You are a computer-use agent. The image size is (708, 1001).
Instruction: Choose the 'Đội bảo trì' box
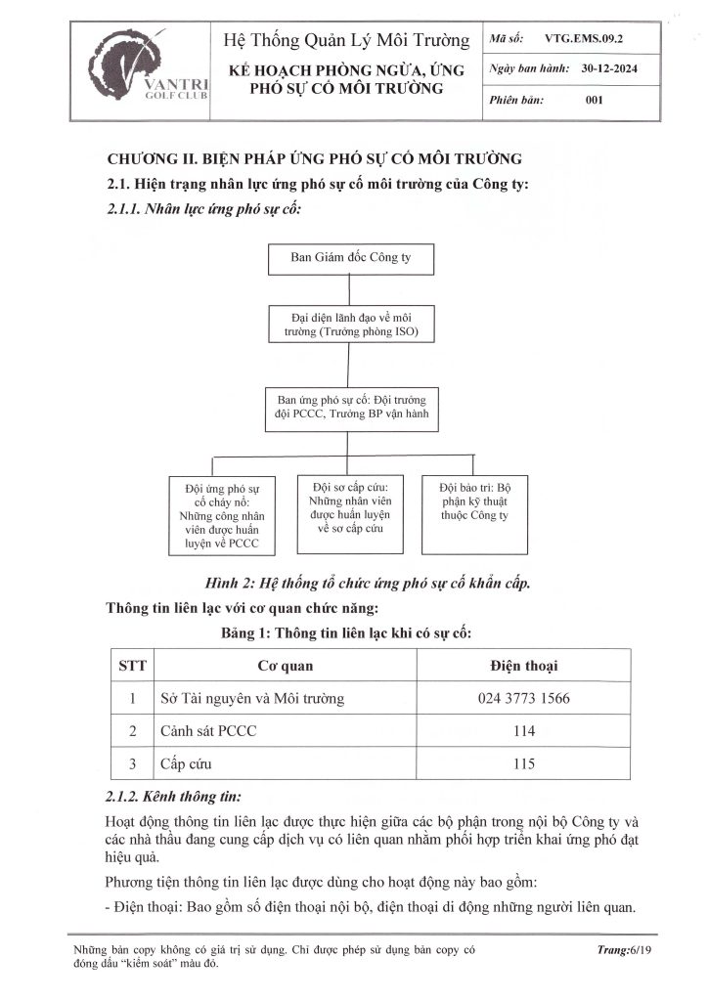click(x=476, y=501)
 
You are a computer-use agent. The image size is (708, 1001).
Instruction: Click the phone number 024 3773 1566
click(x=523, y=699)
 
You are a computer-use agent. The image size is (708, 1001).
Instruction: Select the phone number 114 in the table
click(x=523, y=731)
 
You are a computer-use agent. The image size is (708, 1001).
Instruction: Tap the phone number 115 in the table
click(x=523, y=763)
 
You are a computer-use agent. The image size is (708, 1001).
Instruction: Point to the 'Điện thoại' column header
click(x=523, y=667)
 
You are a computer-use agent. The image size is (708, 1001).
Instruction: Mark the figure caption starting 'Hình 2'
click(x=368, y=583)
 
